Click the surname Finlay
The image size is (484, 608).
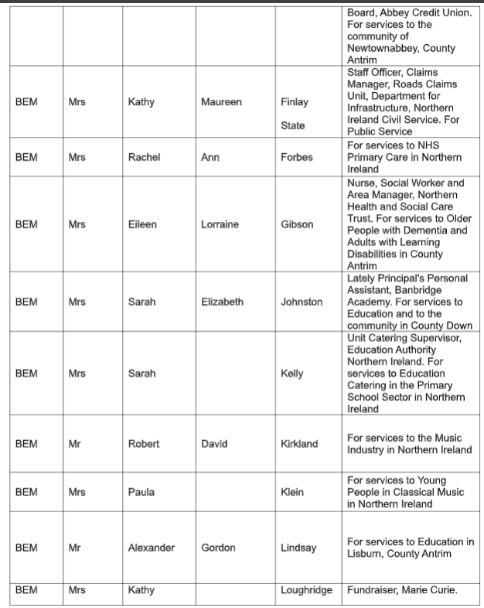[x=294, y=102]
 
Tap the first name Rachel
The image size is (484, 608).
[x=144, y=157]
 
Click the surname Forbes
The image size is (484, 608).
[x=298, y=157]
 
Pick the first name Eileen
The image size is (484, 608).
[x=142, y=224]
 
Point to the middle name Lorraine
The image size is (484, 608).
[x=220, y=224]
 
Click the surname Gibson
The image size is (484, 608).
[x=298, y=224]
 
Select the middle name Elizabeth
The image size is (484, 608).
[x=222, y=302]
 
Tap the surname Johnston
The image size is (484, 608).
[x=302, y=302]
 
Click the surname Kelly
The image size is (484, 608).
[x=292, y=374]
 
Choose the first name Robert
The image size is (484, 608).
[x=144, y=444]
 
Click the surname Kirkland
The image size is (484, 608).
[x=299, y=444]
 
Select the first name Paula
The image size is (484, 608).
[x=141, y=491]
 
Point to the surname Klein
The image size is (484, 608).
[x=292, y=491]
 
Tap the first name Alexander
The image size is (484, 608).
[x=151, y=548]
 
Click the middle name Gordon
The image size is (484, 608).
[x=218, y=548]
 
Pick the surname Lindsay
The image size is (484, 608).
[x=298, y=548]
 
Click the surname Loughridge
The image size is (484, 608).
[x=306, y=590]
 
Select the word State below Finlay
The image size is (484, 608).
[x=292, y=125]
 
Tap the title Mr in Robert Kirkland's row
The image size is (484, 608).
[x=75, y=444]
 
